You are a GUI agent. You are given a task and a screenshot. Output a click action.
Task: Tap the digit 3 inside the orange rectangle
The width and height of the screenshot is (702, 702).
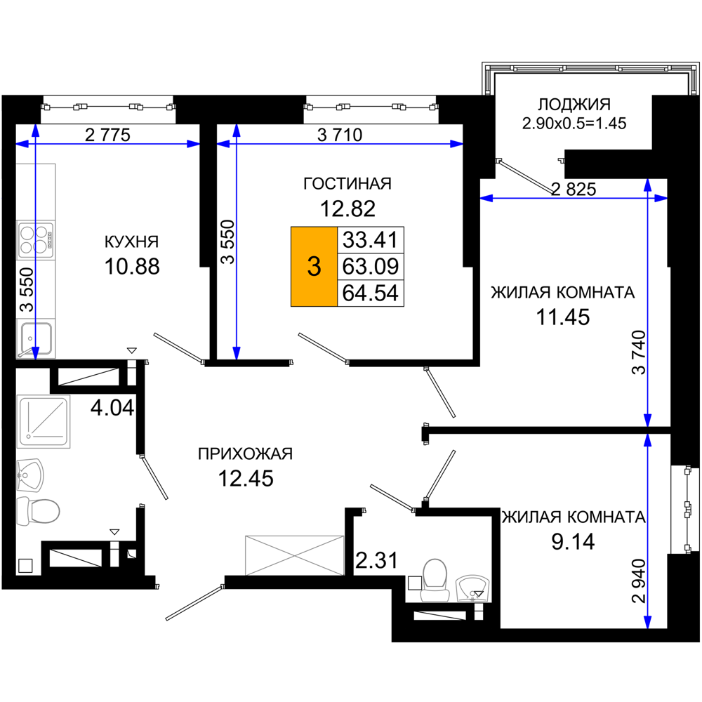click(314, 267)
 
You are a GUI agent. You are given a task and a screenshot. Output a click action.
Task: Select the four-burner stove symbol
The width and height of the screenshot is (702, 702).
click(36, 240)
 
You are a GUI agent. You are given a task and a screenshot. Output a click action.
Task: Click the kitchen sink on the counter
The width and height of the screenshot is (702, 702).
click(36, 338)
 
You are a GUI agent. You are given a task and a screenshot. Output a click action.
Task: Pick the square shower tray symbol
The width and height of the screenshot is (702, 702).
click(44, 422)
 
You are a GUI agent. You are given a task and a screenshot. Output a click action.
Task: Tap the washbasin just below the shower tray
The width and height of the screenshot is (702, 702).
click(30, 475)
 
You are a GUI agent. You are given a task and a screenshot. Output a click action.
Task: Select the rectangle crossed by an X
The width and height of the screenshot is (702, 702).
click(294, 555)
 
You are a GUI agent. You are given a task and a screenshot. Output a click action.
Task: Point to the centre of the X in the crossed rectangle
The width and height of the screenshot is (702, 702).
click(294, 555)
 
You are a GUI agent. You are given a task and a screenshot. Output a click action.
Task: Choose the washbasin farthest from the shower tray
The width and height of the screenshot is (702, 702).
click(472, 588)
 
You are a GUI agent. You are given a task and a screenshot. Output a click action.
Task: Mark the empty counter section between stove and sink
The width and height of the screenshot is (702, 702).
click(36, 289)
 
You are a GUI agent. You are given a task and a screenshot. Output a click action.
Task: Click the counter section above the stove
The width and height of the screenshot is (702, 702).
click(36, 191)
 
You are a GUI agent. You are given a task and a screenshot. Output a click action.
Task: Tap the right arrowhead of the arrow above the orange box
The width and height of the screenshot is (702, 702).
click(457, 144)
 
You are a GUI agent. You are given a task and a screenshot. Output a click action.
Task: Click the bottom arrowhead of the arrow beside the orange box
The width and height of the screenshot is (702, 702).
click(237, 352)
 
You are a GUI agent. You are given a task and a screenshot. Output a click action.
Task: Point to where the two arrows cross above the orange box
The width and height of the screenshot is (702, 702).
click(237, 144)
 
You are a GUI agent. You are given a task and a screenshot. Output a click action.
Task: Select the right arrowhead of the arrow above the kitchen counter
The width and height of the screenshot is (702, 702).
click(193, 144)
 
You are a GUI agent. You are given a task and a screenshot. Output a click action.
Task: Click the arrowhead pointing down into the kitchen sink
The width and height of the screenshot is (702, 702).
click(36, 352)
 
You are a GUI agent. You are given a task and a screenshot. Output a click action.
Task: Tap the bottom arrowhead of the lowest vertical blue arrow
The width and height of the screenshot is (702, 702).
click(647, 622)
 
